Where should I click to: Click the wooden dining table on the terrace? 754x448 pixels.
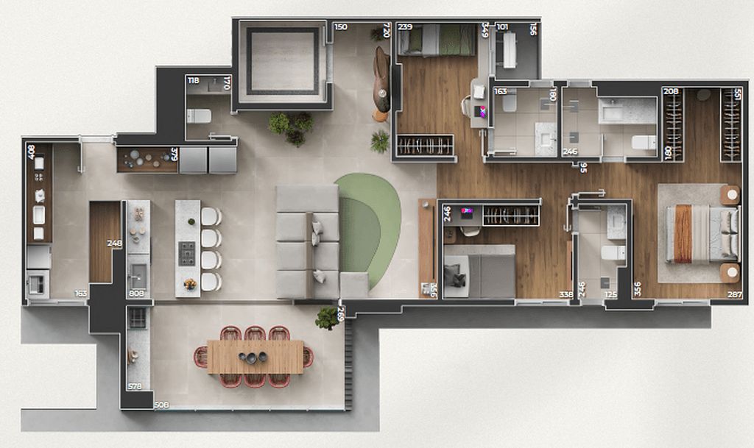tap(255, 357)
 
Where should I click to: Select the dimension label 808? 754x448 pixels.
tap(136, 294)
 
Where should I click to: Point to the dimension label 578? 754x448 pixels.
tap(135, 386)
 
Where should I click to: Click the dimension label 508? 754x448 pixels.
tap(162, 404)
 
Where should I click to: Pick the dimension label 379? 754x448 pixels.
tap(174, 155)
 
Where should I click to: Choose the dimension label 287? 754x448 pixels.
tap(734, 294)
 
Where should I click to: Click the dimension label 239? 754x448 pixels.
tap(405, 27)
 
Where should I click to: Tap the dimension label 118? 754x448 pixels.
tap(194, 80)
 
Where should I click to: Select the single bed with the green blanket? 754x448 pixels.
tap(437, 40)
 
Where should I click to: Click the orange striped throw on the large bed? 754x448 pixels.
tap(683, 233)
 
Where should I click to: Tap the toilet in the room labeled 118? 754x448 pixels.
tap(199, 115)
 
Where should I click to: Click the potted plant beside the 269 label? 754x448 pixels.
tap(326, 317)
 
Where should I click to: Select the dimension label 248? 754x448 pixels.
tap(113, 243)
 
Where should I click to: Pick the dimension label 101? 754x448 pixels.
tap(502, 27)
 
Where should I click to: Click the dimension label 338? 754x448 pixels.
tap(565, 294)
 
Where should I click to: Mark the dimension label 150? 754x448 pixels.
tap(340, 27)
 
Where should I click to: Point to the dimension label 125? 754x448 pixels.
tap(610, 294)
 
